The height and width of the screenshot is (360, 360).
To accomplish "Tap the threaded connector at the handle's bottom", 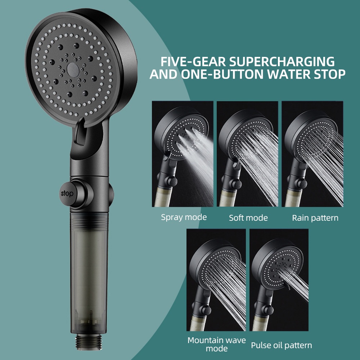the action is (89, 341).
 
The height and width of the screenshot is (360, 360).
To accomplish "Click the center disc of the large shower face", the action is (73, 69).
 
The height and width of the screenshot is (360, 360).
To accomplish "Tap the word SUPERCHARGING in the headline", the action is (282, 62).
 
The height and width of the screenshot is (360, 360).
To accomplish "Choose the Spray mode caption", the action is (184, 217).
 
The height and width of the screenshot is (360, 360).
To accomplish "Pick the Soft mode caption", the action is (248, 218).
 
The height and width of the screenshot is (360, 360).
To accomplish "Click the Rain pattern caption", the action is (315, 218).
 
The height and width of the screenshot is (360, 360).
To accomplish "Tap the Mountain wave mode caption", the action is (216, 344).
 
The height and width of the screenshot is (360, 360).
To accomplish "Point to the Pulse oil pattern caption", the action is (281, 345).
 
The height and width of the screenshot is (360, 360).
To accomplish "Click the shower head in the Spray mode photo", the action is (181, 133).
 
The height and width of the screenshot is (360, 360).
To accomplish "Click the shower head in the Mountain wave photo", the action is (216, 262).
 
